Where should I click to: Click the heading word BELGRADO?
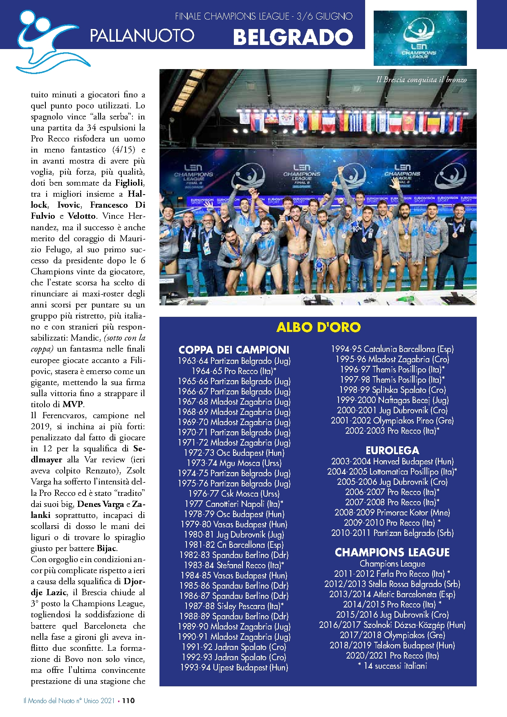[x=293, y=37]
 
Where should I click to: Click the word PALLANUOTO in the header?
[x=142, y=36]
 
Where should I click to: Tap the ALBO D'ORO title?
[x=318, y=327]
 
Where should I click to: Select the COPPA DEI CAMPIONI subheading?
[x=234, y=350]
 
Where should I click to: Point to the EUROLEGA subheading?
[x=392, y=450]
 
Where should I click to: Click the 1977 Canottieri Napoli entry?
[x=234, y=504]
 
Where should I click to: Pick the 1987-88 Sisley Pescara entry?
[x=234, y=606]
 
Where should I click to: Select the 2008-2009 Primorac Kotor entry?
[x=392, y=513]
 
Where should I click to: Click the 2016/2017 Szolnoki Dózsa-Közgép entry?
[x=392, y=625]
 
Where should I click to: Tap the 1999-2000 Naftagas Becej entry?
[x=392, y=400]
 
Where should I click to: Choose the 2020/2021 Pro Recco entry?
[x=392, y=656]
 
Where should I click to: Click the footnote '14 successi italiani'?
[x=392, y=666]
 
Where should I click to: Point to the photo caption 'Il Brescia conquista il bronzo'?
[x=421, y=80]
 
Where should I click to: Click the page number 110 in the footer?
[x=128, y=701]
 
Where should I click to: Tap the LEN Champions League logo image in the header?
[x=420, y=38]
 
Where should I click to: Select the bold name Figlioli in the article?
[x=130, y=183]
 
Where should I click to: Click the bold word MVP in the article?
[x=72, y=405]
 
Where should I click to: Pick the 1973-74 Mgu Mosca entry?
[x=234, y=463]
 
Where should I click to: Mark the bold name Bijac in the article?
[x=107, y=549]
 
